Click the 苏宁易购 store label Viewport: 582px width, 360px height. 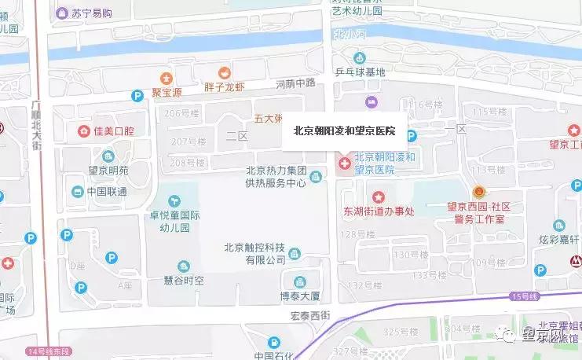point(90,13)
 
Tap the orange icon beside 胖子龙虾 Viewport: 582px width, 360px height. point(224,72)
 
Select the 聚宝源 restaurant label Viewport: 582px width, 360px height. point(166,92)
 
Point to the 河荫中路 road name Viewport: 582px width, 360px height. point(295,83)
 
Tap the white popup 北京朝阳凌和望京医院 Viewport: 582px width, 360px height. point(343,130)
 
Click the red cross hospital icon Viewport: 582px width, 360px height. point(343,164)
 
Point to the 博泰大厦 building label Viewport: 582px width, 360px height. point(301,296)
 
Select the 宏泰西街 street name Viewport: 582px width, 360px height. point(310,316)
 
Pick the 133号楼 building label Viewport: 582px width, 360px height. point(429,275)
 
